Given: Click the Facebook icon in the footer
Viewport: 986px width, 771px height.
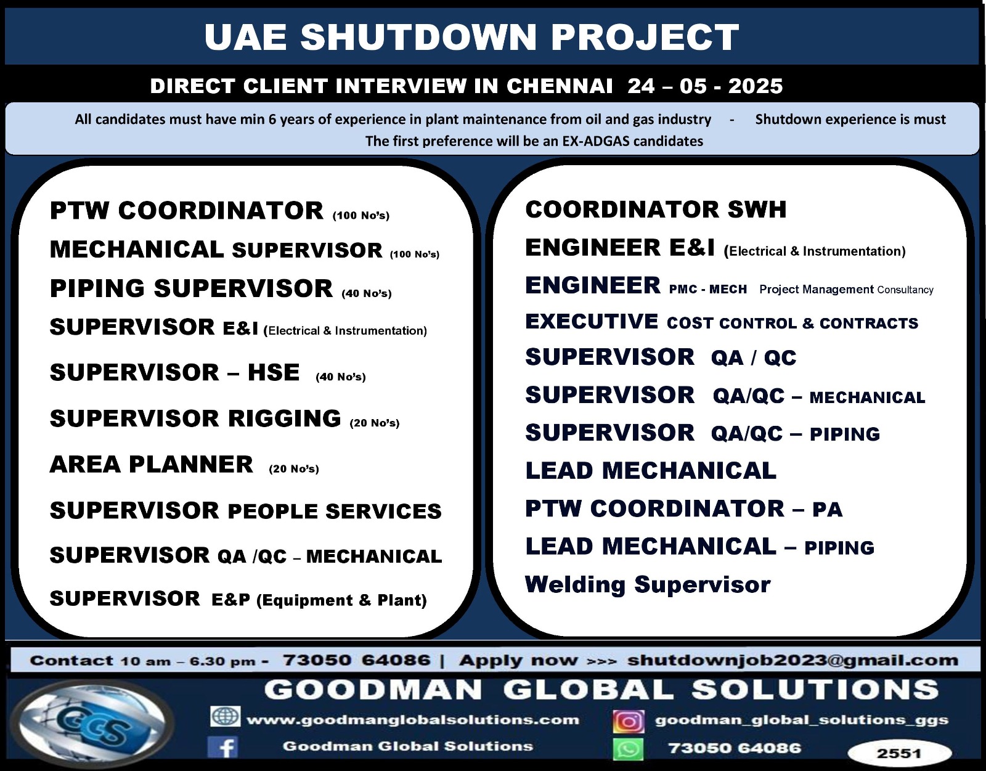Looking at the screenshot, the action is (x=223, y=746).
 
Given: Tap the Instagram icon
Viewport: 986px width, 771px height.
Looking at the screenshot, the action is (x=629, y=721).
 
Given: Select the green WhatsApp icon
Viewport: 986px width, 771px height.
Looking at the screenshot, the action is (x=629, y=749).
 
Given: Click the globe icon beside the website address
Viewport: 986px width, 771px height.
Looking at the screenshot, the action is (x=225, y=717).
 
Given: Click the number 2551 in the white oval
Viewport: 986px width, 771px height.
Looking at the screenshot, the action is (x=898, y=754).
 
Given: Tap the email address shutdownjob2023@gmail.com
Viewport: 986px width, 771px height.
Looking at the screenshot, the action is (x=792, y=660).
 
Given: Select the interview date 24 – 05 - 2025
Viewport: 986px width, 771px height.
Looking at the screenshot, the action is (x=705, y=86).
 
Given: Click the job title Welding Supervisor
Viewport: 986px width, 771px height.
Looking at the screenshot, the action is (x=648, y=584).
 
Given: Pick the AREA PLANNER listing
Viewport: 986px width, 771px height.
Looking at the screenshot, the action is (x=152, y=464).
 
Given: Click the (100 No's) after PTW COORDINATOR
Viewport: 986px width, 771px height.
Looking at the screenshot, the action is (x=361, y=216).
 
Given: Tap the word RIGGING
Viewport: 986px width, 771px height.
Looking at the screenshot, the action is (x=285, y=418).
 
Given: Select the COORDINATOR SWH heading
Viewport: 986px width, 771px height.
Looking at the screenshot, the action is (x=656, y=209).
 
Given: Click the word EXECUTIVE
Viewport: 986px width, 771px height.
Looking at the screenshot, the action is (x=592, y=321).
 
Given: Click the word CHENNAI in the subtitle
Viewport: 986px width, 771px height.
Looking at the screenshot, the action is (x=560, y=86).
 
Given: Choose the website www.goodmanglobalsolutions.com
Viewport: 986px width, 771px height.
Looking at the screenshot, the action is (x=413, y=720).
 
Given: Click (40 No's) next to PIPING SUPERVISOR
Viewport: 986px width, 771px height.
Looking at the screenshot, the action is (x=367, y=293).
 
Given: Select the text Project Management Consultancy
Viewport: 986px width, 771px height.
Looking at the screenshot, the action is (x=846, y=290).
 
